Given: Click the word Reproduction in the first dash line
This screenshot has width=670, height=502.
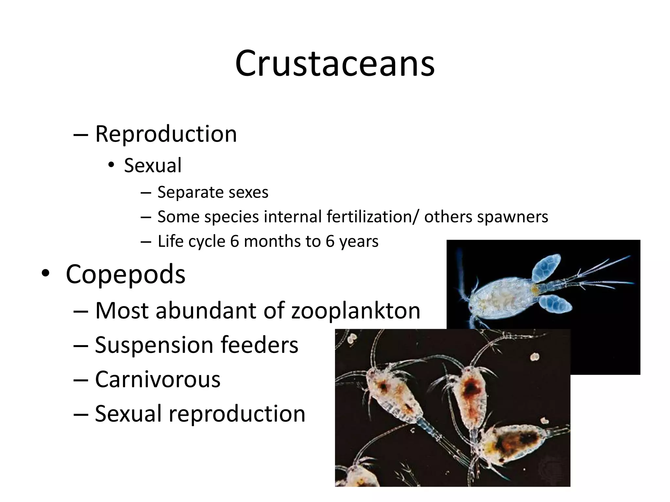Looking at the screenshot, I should (166, 134).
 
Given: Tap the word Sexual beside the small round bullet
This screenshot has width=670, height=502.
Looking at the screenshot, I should (152, 165).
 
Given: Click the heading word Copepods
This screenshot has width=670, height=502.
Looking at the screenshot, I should (125, 274).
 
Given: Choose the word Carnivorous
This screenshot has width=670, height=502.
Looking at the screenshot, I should (158, 379).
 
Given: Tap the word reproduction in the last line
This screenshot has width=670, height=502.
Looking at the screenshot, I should (237, 414).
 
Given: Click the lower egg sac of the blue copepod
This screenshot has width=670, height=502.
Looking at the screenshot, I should (555, 303).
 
